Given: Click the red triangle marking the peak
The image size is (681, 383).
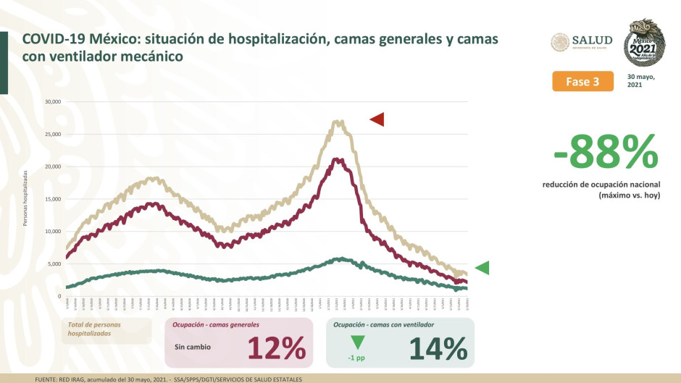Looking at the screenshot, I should (377, 119).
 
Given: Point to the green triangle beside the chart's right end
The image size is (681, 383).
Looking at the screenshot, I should (482, 268).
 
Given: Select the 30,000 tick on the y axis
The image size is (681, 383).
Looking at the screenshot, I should (51, 101).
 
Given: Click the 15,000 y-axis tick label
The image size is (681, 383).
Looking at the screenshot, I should (51, 199).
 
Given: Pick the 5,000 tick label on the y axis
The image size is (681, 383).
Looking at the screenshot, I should (52, 264).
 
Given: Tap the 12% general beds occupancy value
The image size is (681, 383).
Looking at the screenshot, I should (276, 349).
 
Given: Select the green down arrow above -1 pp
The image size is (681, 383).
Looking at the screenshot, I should (356, 342).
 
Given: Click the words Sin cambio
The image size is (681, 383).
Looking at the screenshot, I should (193, 347).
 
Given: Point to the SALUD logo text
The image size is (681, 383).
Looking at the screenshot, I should (592, 41).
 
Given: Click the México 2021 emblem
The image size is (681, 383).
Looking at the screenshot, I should (646, 43).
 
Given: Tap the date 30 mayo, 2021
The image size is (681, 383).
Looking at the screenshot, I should (640, 81).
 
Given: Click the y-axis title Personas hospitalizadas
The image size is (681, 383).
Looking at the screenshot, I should (25, 198).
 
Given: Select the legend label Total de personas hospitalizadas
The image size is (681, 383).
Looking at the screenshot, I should (94, 330).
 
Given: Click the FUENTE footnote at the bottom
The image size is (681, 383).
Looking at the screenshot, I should (168, 379).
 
